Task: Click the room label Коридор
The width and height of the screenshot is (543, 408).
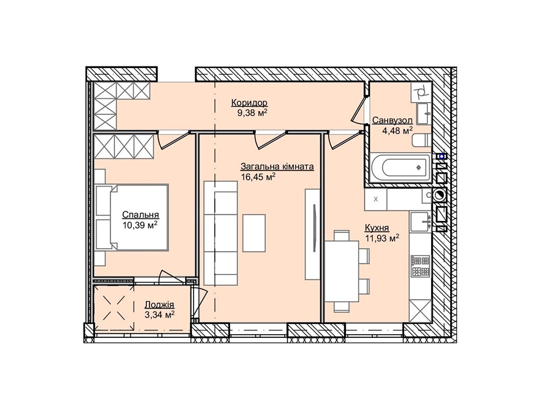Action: (x=249, y=103)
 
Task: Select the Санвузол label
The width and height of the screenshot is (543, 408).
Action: (x=392, y=121)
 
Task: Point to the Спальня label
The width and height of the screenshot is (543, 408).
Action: (x=141, y=215)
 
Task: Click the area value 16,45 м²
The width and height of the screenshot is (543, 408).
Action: (x=258, y=177)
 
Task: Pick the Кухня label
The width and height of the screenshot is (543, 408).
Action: (x=377, y=228)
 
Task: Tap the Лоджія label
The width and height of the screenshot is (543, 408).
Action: (x=159, y=305)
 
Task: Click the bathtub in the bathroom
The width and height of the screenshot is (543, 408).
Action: (x=400, y=167)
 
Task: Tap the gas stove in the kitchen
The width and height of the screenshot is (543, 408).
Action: (x=420, y=266)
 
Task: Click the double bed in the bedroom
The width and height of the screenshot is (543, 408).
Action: (x=132, y=217)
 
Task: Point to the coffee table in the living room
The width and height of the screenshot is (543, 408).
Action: (x=254, y=233)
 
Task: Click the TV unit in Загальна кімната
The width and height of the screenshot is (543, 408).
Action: (x=312, y=234)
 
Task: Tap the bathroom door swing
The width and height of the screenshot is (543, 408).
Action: (x=358, y=110)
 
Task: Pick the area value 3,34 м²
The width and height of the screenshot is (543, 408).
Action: (x=159, y=315)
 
